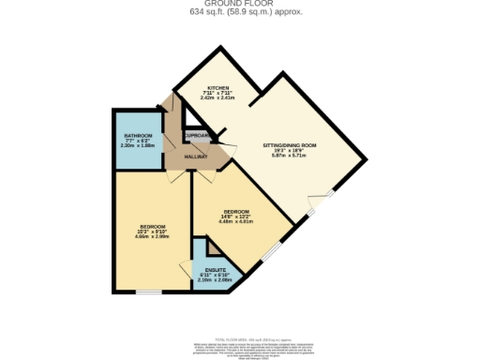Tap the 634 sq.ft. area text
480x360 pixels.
[x=239, y=12]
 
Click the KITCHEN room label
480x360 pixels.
[x=217, y=87]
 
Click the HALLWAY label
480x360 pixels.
[x=196, y=156]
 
